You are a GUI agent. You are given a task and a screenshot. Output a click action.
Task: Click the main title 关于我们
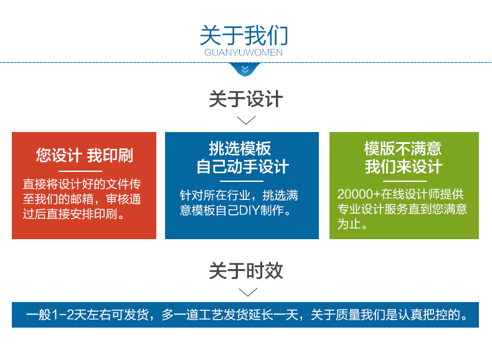point(244,35)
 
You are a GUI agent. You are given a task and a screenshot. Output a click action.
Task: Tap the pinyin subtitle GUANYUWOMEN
point(244,52)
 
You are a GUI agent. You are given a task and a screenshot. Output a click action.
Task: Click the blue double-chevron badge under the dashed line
point(245,69)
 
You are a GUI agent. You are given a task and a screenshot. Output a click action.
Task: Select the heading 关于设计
point(246,99)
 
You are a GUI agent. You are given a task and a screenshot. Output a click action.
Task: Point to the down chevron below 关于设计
point(246,120)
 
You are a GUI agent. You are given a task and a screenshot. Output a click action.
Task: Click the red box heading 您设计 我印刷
point(85,155)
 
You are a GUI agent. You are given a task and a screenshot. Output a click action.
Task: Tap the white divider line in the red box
point(80,171)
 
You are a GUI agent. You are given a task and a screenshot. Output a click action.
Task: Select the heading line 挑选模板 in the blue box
point(240,148)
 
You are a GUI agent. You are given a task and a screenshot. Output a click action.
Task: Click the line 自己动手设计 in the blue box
point(242,166)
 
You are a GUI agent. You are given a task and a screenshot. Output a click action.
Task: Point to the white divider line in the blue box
point(241,181)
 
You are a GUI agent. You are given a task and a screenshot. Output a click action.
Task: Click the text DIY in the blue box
point(250,211)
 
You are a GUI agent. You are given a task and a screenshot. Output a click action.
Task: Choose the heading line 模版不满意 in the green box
point(403,148)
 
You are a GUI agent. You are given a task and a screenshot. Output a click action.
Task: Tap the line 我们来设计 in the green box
point(404,166)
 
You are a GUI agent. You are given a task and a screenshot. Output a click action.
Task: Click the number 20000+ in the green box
point(359,194)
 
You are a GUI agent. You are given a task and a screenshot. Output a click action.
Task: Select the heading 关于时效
point(246,271)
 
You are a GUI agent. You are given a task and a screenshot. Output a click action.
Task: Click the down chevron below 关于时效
point(248,292)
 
